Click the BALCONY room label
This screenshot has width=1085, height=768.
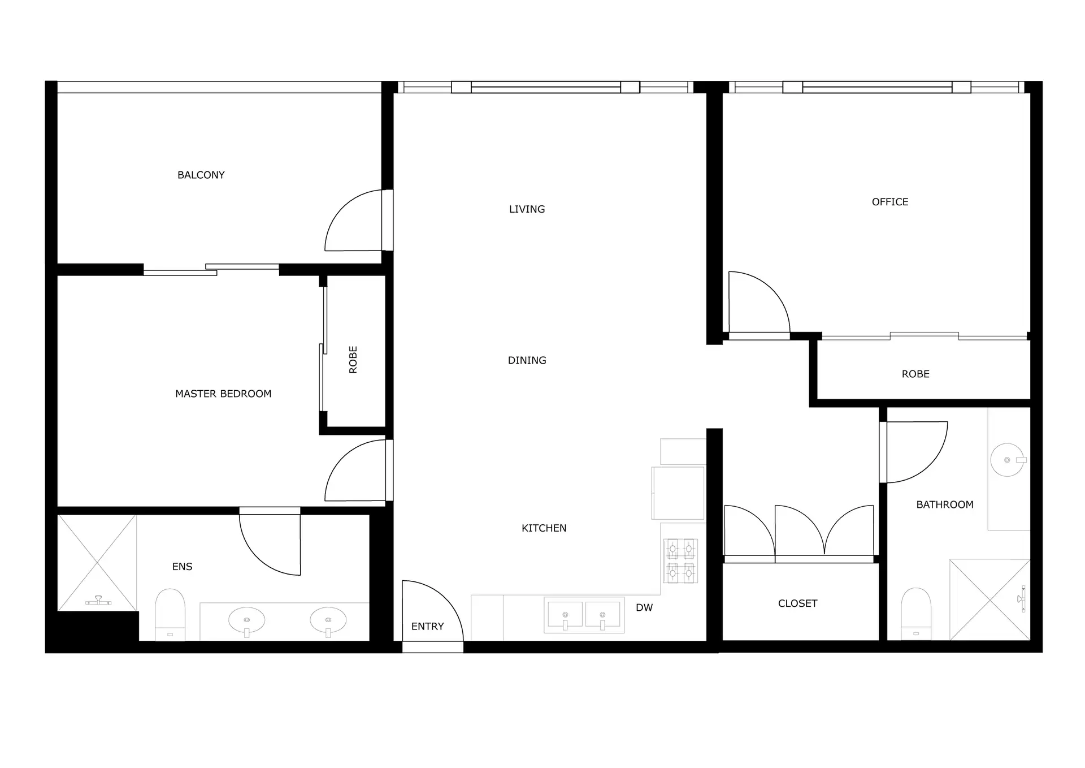(201, 175)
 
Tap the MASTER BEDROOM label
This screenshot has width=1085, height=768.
(223, 394)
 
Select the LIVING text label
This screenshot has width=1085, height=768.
(527, 209)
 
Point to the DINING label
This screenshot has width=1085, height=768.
(527, 360)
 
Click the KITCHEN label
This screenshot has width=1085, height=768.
(544, 528)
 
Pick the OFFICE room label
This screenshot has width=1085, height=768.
(890, 202)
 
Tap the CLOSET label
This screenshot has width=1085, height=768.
(797, 603)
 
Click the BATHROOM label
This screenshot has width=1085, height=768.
(945, 504)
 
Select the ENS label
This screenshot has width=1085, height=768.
(182, 567)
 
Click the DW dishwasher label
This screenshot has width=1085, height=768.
(644, 608)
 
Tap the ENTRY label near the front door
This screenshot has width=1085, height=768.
(427, 627)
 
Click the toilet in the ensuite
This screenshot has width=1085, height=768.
(170, 614)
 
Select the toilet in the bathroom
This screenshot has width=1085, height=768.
(915, 613)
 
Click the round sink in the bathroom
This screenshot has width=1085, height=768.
(1007, 460)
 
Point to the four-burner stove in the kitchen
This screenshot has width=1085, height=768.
(680, 560)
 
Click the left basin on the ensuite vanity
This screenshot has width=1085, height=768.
(246, 620)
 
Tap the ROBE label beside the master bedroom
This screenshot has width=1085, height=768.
(353, 360)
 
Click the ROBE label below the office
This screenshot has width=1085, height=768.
(915, 374)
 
